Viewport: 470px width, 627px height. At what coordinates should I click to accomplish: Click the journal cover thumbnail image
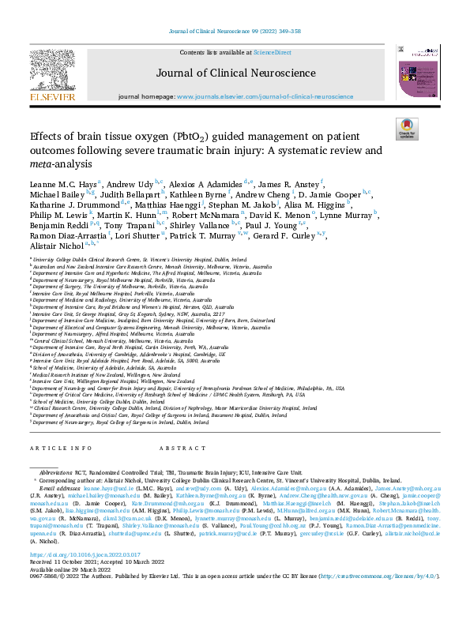pos(419,72)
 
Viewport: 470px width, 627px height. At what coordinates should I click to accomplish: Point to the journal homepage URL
pos(265,96)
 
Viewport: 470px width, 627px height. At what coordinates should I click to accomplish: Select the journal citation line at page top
pos(235,32)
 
